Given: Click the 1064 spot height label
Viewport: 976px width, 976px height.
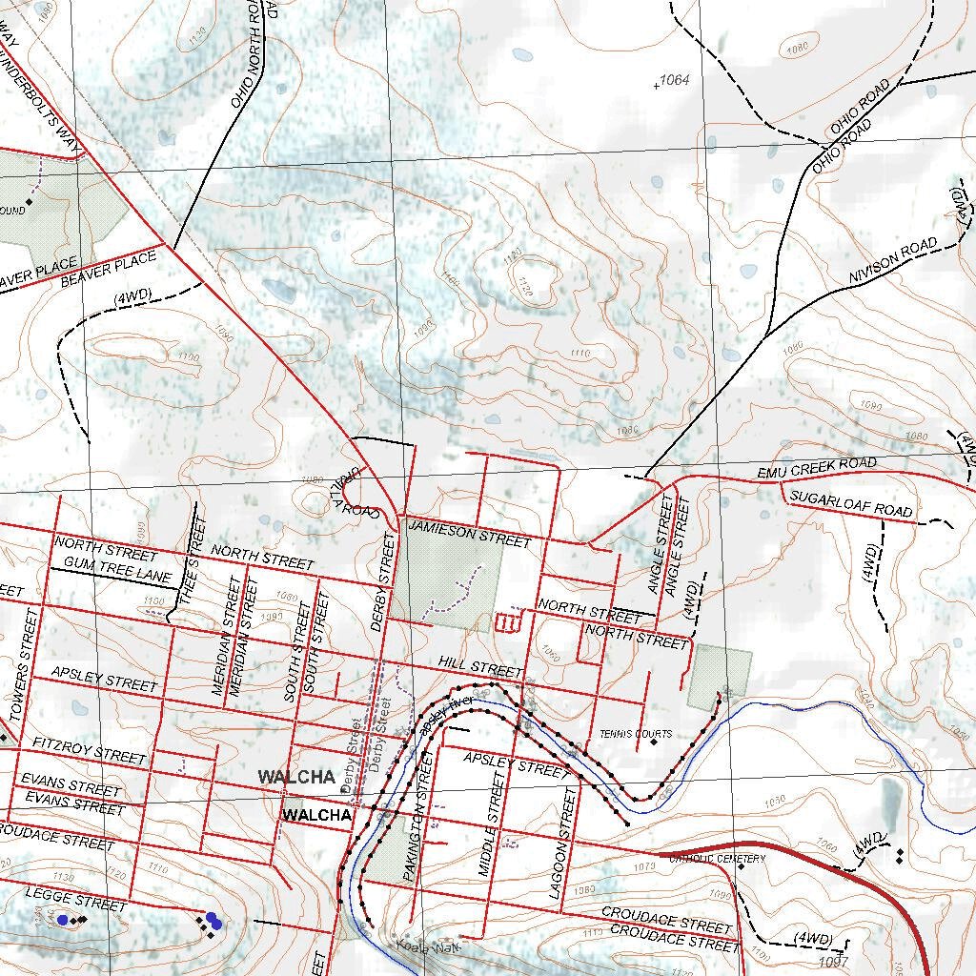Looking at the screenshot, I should pyautogui.click(x=675, y=80).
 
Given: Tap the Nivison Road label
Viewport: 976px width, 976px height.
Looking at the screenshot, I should pyautogui.click(x=894, y=262).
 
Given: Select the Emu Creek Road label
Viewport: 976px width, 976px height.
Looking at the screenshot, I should pyautogui.click(x=817, y=468).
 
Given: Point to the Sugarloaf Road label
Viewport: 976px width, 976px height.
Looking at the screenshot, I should pyautogui.click(x=851, y=504).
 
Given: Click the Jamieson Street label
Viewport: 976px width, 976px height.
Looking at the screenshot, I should pyautogui.click(x=469, y=533).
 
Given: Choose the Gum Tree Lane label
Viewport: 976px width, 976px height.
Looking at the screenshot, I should pyautogui.click(x=112, y=573).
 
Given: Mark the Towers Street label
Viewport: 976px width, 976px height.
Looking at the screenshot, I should pyautogui.click(x=27, y=665).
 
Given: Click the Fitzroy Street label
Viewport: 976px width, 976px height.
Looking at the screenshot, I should pyautogui.click(x=89, y=749).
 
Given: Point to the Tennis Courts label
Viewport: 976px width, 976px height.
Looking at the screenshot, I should pyautogui.click(x=636, y=734).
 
